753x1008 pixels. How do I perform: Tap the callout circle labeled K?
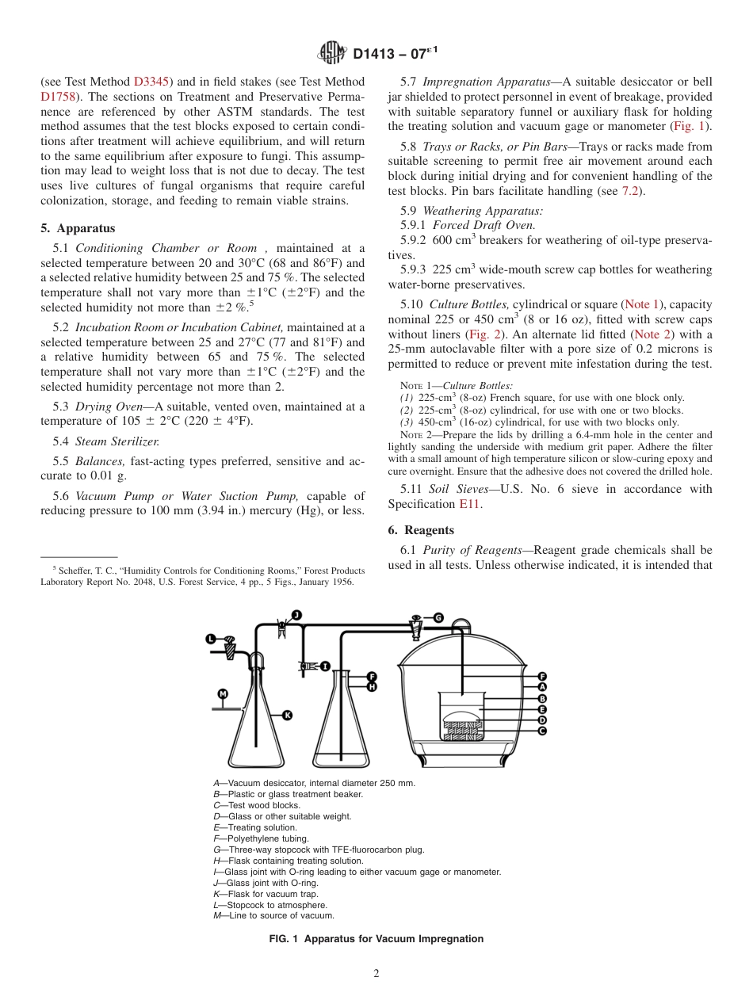pyautogui.click(x=287, y=715)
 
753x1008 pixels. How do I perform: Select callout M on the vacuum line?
pyautogui.click(x=223, y=694)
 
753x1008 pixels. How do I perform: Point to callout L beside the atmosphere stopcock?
pyautogui.click(x=211, y=638)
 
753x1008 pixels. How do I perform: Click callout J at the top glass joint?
pyautogui.click(x=296, y=614)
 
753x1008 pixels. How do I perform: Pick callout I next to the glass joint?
pyautogui.click(x=325, y=666)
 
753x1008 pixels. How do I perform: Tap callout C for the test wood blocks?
pyautogui.click(x=542, y=731)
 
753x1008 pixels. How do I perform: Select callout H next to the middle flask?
pyautogui.click(x=372, y=687)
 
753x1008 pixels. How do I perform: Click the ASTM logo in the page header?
pyautogui.click(x=331, y=53)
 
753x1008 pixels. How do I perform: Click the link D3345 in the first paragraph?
pyautogui.click(x=150, y=82)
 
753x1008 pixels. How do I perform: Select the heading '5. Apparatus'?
pyautogui.click(x=78, y=228)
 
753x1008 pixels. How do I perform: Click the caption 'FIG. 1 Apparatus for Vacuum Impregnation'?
pyautogui.click(x=376, y=939)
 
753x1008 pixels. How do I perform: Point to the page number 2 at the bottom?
pyautogui.click(x=376, y=974)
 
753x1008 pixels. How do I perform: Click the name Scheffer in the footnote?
pyautogui.click(x=76, y=571)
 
